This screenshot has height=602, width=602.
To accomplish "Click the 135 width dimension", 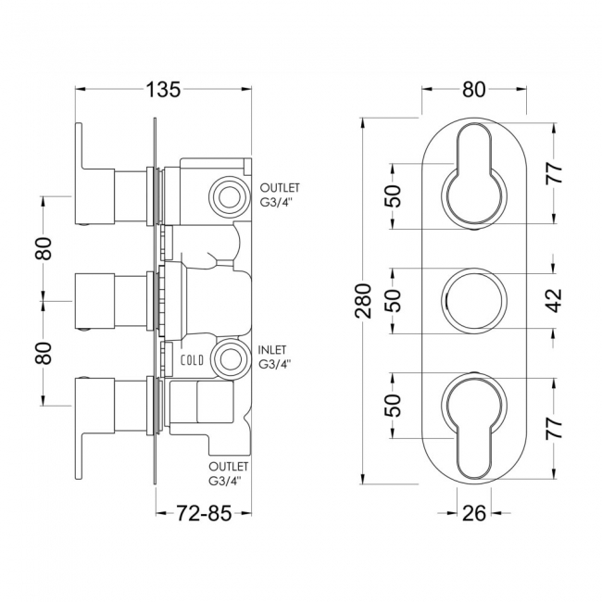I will point(162,90).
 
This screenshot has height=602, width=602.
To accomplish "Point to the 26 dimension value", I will point(473,510).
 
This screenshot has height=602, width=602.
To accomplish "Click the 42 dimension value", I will point(553,300).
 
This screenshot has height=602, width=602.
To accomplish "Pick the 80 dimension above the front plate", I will point(473,90).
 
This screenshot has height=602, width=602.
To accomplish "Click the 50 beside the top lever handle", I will point(394,196).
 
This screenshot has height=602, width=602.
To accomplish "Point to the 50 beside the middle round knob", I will point(394,300).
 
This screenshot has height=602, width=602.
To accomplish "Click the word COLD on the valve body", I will point(192,359).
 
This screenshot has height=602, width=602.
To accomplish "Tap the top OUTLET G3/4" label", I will point(280,194).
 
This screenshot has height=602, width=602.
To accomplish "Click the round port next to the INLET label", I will point(225,358).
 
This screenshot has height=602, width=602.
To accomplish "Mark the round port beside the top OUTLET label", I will point(225,194).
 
